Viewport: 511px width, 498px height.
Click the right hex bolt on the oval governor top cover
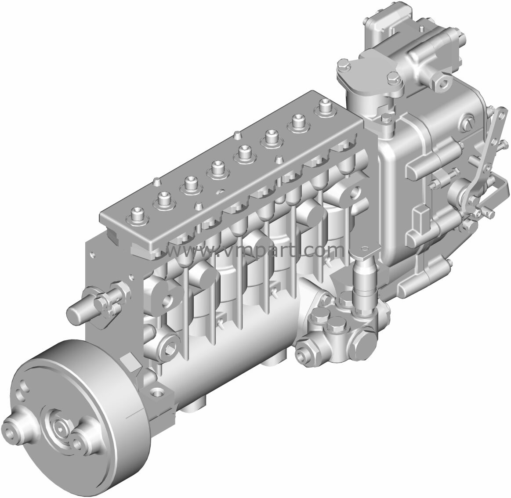tap(392, 78)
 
